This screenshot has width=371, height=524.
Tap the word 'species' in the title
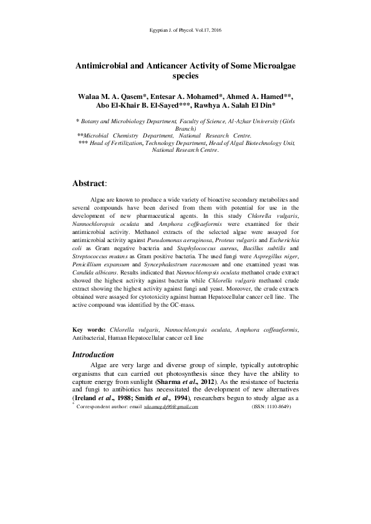185,77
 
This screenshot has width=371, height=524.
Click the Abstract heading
90,184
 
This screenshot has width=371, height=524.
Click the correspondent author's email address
171,407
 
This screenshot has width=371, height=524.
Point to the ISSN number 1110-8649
270,407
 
